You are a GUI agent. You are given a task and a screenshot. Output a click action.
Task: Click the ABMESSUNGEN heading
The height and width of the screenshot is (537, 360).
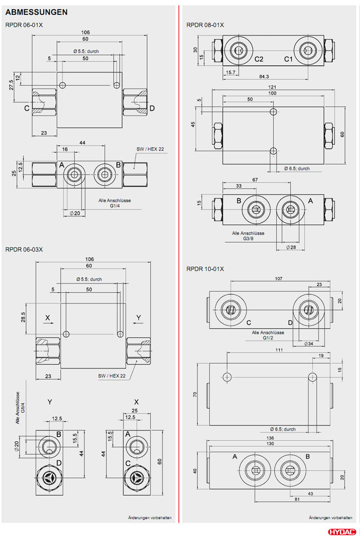tap(36, 11)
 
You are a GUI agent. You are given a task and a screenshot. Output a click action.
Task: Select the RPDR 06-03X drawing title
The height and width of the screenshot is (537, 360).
tap(24, 249)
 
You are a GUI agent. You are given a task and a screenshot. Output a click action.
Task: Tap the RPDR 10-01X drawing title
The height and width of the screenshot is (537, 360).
tap(205, 269)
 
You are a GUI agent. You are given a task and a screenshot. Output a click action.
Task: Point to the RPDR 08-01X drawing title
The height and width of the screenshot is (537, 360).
tap(205, 25)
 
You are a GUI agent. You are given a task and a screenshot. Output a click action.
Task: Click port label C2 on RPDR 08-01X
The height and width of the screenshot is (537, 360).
tap(259, 59)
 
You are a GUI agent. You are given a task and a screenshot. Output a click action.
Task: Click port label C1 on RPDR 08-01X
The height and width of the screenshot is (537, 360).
tap(289, 59)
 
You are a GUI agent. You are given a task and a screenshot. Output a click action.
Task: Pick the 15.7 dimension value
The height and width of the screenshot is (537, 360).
tap(230, 73)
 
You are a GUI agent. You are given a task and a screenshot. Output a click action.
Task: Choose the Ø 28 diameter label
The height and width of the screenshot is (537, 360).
tap(291, 247)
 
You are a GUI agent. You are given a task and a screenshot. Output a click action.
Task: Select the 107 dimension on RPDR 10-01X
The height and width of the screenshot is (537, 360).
tap(279, 279)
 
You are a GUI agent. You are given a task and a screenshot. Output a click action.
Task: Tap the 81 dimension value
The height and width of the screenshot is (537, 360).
tap(296, 498)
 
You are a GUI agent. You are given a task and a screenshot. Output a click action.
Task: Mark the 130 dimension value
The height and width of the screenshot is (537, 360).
tap(270, 444)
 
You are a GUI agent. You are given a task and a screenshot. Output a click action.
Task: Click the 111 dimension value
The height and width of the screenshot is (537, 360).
tap(279, 350)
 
